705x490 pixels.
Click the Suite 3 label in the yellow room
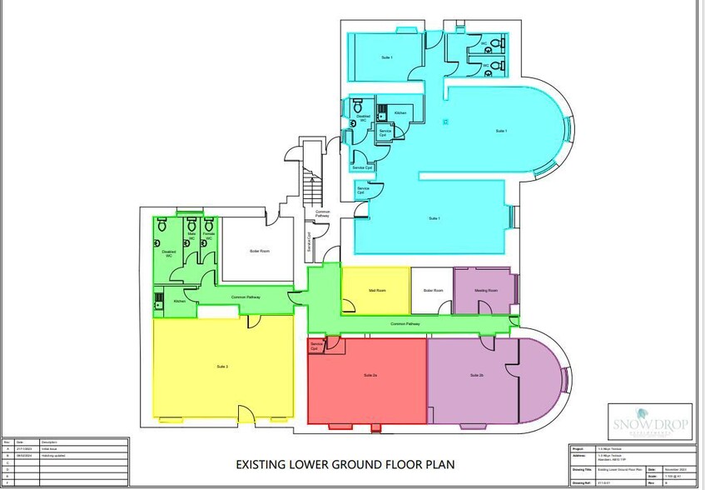tap(221, 367)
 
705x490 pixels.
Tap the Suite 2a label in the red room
tap(370, 376)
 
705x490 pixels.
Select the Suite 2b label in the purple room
tap(476, 374)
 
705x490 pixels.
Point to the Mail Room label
tap(376, 291)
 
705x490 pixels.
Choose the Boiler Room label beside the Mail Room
tap(433, 291)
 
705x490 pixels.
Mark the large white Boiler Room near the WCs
tap(259, 251)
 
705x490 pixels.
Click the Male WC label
tap(191, 237)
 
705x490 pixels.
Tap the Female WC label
tap(209, 237)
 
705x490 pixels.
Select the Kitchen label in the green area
tap(179, 301)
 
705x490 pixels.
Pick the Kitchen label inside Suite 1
tap(400, 112)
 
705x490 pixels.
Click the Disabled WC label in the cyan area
tap(363, 119)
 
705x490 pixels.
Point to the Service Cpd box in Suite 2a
tap(316, 345)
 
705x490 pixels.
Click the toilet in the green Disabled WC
tap(161, 224)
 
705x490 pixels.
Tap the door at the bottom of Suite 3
tap(246, 413)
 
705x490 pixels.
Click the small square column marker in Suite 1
tap(446, 122)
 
